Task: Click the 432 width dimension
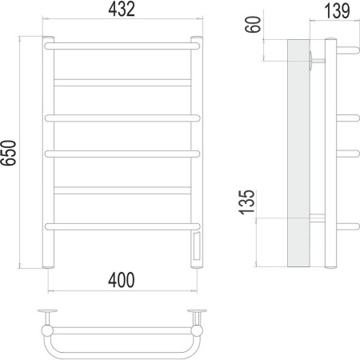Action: click(x=121, y=10)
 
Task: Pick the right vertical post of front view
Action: click(x=196, y=136)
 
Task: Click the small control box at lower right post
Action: click(x=196, y=247)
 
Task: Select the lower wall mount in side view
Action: click(x=317, y=218)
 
